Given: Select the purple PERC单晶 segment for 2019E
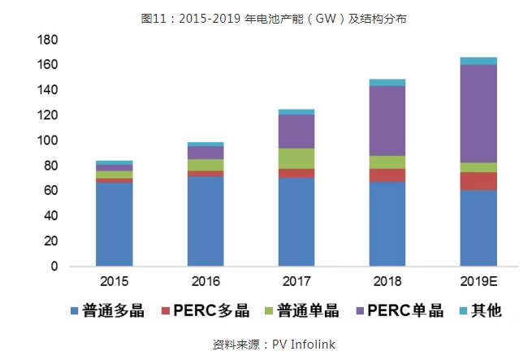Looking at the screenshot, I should pyautogui.click(x=478, y=114).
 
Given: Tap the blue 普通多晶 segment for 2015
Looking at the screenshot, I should pyautogui.click(x=115, y=224).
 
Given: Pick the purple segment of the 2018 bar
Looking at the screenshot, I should pyautogui.click(x=387, y=120).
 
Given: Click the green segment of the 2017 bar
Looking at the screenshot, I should pyautogui.click(x=296, y=158).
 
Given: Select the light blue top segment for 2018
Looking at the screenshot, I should pyautogui.click(x=387, y=82).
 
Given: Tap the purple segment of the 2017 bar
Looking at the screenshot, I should pyautogui.click(x=296, y=131).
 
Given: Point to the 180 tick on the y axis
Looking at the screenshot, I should pyautogui.click(x=46, y=39).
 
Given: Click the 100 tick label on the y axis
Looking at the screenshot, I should pyautogui.click(x=46, y=141).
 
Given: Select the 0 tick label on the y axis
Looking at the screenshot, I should pyautogui.click(x=54, y=267).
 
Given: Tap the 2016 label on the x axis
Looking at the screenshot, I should pyautogui.click(x=205, y=282).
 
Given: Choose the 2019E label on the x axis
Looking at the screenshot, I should pyautogui.click(x=478, y=282).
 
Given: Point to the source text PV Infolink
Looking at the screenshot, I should pyautogui.click(x=303, y=344).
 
